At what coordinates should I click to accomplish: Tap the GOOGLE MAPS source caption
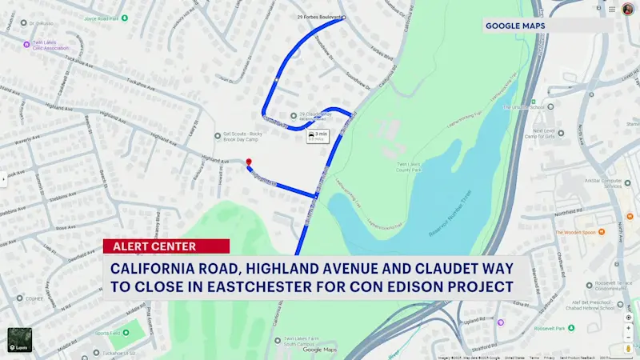[516, 26]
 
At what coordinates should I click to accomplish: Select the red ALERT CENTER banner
[166, 246]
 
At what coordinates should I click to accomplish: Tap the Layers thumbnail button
[20, 340]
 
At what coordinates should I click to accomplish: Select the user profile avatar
[628, 9]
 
